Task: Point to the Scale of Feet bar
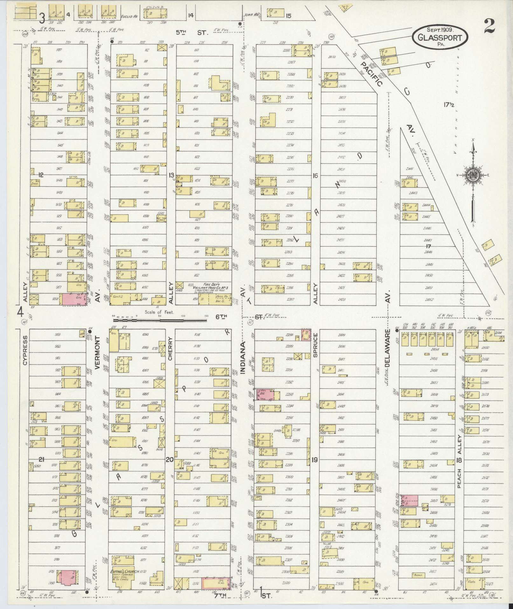tap(159, 316)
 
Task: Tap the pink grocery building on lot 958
tap(74, 300)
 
